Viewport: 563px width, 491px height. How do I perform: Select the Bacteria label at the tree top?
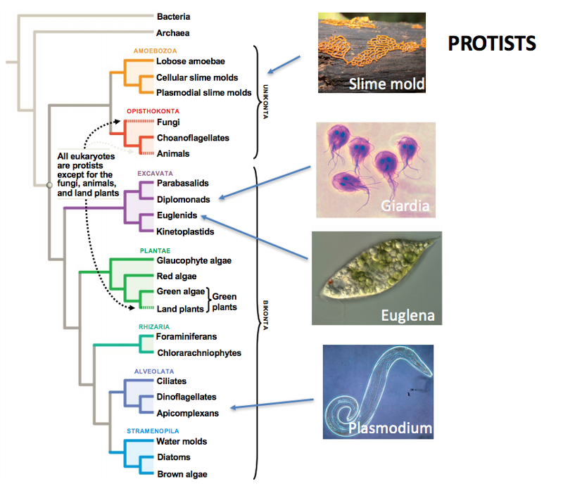(173, 16)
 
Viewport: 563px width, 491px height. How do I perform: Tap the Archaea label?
(172, 32)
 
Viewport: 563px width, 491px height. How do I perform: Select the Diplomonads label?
(183, 199)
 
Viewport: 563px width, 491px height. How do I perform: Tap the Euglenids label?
(177, 215)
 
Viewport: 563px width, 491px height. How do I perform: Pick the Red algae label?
(176, 276)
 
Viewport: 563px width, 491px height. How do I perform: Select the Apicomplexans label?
(187, 413)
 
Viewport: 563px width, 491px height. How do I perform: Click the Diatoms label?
(172, 457)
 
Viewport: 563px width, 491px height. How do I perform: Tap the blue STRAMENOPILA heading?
(153, 431)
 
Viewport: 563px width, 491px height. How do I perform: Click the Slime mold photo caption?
(387, 85)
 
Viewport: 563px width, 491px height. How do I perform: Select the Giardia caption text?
(405, 207)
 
